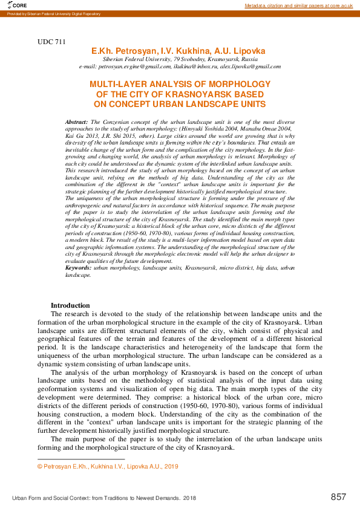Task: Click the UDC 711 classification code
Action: (x=51, y=42)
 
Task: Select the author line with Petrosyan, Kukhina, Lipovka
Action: (x=178, y=51)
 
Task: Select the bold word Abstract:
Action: (x=77, y=122)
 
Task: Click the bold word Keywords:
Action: (x=79, y=267)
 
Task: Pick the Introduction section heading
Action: (x=70, y=305)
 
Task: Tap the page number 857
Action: (x=339, y=497)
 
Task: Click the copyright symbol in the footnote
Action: (x=39, y=467)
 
